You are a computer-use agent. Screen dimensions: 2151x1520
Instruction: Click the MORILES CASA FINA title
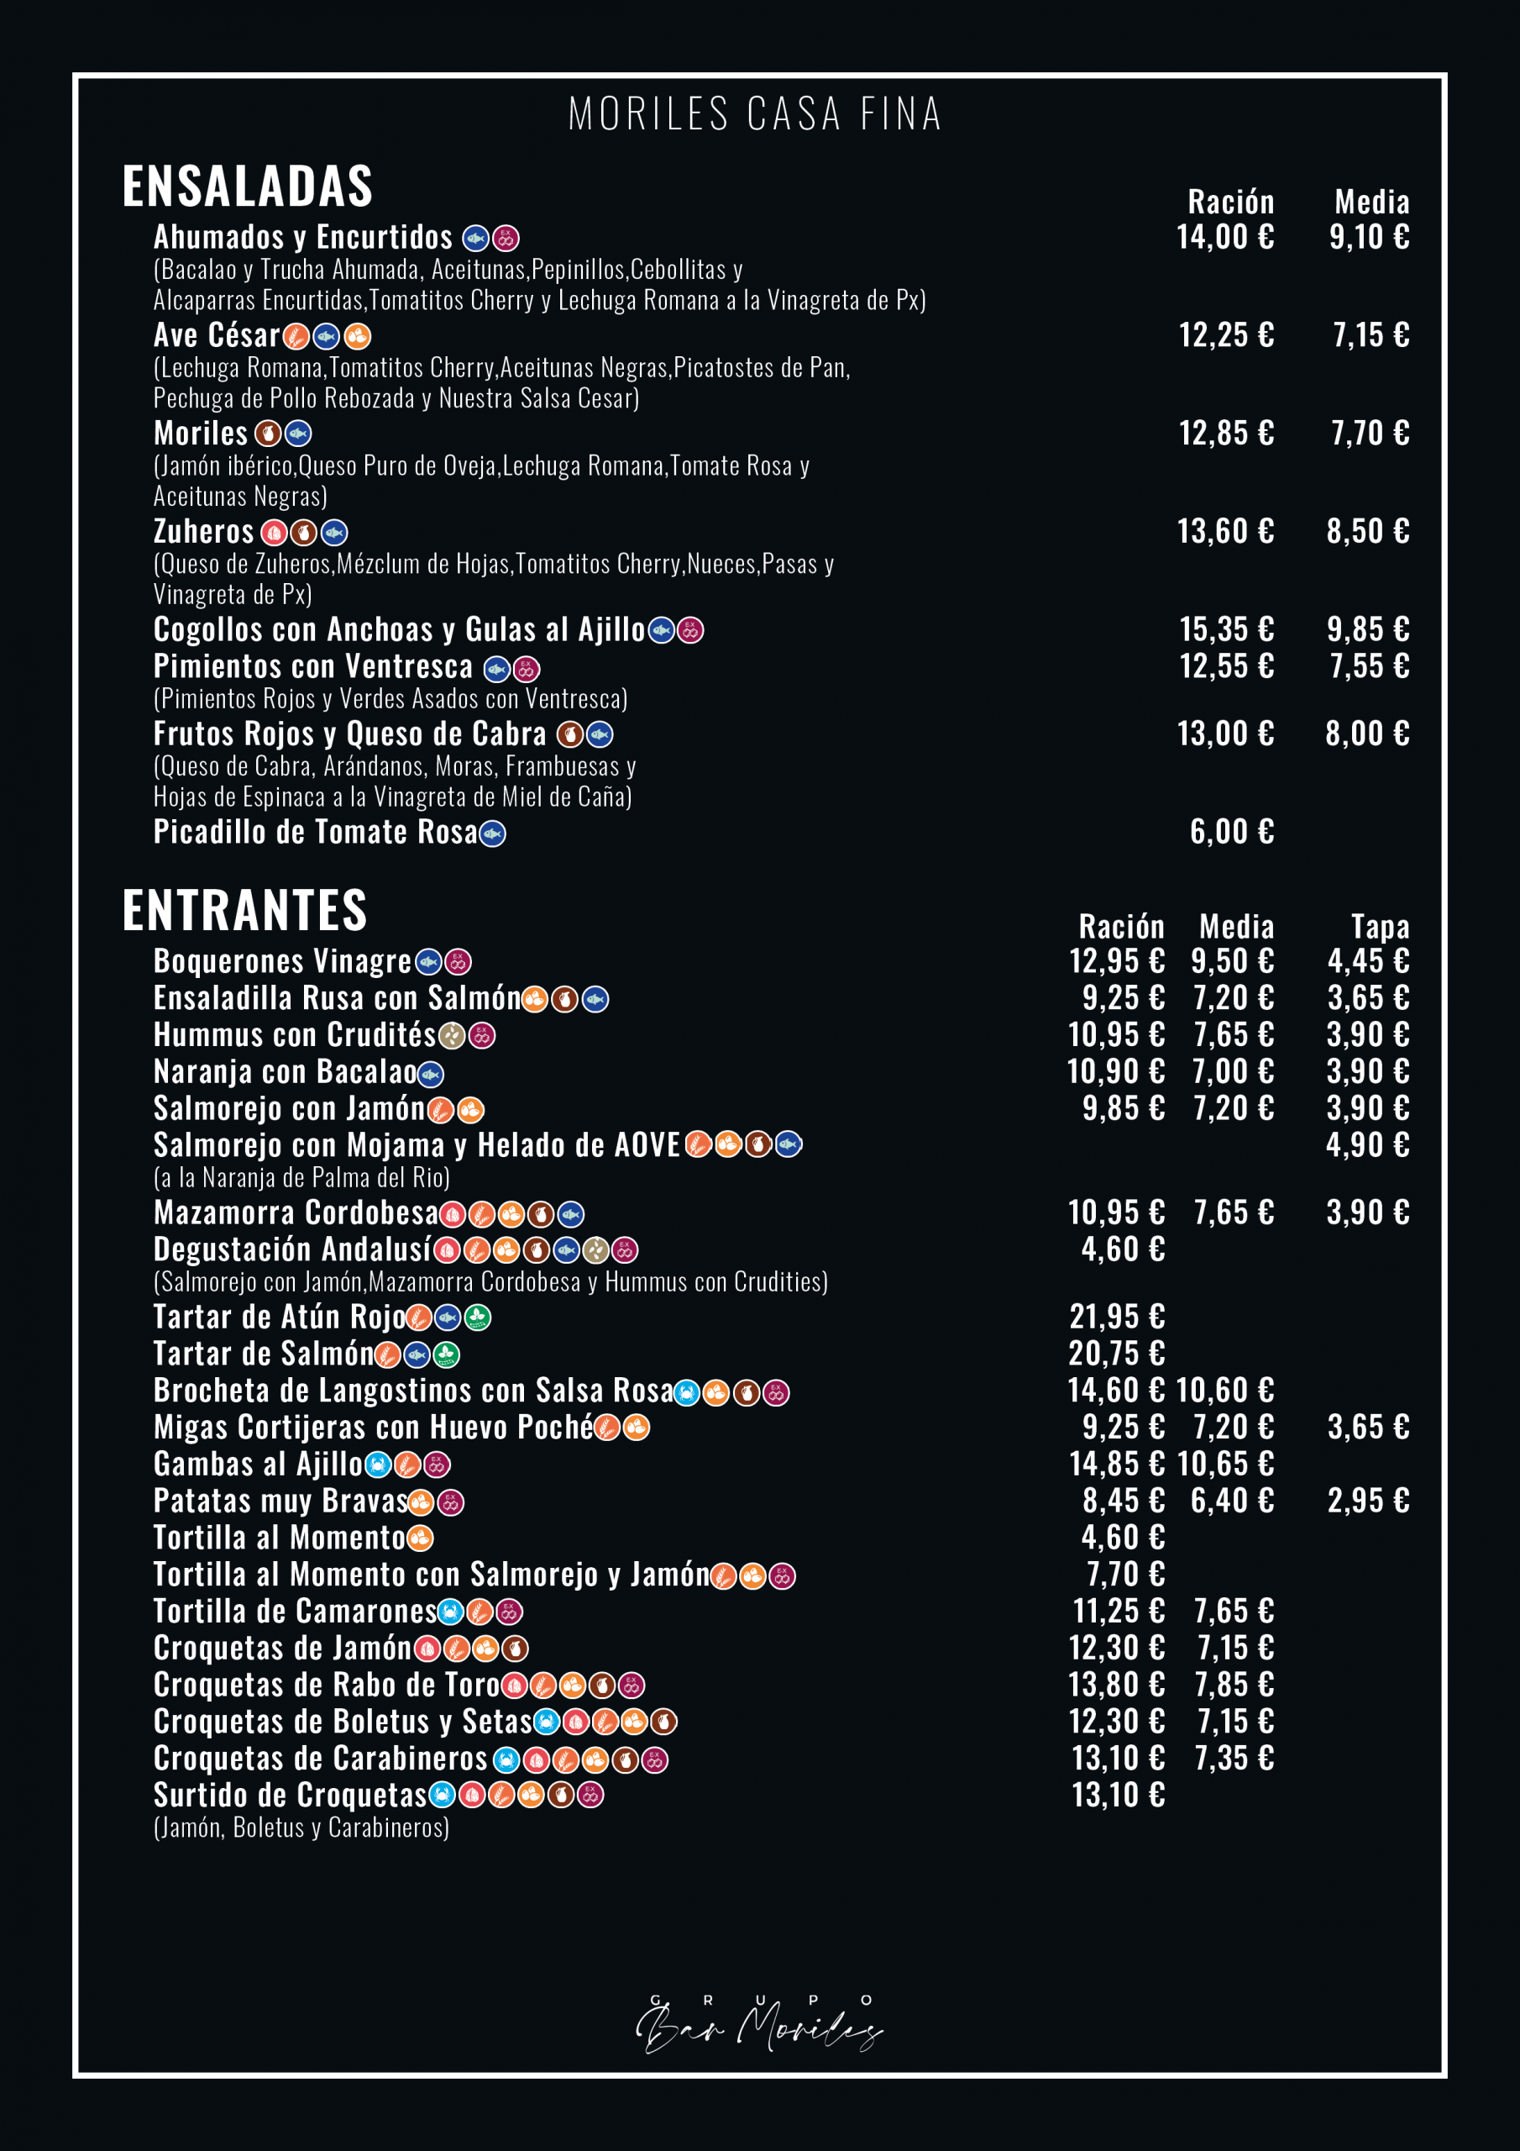[755, 114]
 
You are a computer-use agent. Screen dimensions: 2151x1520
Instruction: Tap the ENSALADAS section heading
[247, 186]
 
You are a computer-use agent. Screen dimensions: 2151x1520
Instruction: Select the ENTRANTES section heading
[244, 910]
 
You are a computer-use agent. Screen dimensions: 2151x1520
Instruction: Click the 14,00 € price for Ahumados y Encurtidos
[1225, 237]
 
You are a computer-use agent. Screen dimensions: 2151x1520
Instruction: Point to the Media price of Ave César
[1371, 335]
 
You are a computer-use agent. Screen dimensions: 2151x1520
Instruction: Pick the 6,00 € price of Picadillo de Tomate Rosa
[1232, 832]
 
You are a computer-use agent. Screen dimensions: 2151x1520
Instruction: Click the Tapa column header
[1380, 927]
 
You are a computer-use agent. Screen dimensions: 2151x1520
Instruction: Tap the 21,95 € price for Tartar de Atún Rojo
[1117, 1317]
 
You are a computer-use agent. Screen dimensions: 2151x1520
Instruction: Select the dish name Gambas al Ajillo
[258, 1464]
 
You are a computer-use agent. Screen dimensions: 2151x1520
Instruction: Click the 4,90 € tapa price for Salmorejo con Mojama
[1367, 1145]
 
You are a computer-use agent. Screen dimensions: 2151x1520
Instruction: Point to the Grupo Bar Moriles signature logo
[758, 2023]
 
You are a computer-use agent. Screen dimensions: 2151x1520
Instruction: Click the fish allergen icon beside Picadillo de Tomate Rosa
[493, 834]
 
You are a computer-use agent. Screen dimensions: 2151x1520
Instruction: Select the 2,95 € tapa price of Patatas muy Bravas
[1368, 1501]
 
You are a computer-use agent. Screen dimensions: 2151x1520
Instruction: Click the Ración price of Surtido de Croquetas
[1119, 1795]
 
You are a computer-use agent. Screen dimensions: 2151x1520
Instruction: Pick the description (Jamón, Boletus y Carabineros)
[301, 1827]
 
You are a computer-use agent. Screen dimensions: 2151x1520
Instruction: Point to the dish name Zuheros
[203, 532]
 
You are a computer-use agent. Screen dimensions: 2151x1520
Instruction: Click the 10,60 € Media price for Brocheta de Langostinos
[1225, 1391]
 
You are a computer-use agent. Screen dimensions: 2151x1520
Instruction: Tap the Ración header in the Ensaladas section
[1230, 202]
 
